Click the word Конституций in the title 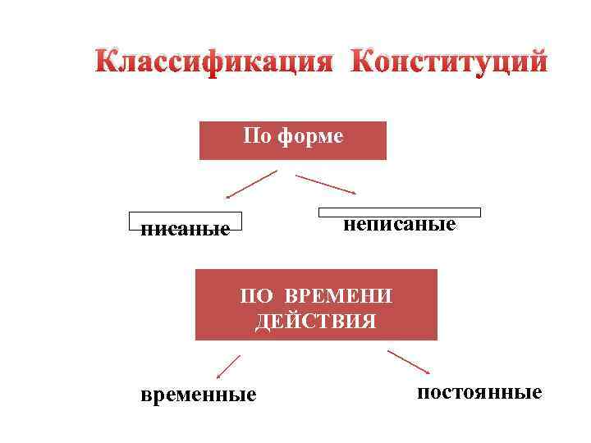click(448, 62)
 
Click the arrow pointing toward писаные click(251, 185)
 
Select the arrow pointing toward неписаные click(325, 185)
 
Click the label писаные click(186, 227)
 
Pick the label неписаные click(399, 223)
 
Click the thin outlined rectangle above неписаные click(399, 212)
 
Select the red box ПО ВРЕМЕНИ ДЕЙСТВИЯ click(316, 304)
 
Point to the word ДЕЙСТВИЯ click(316, 320)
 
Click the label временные click(199, 395)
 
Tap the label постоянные click(479, 392)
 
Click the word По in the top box click(255, 135)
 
